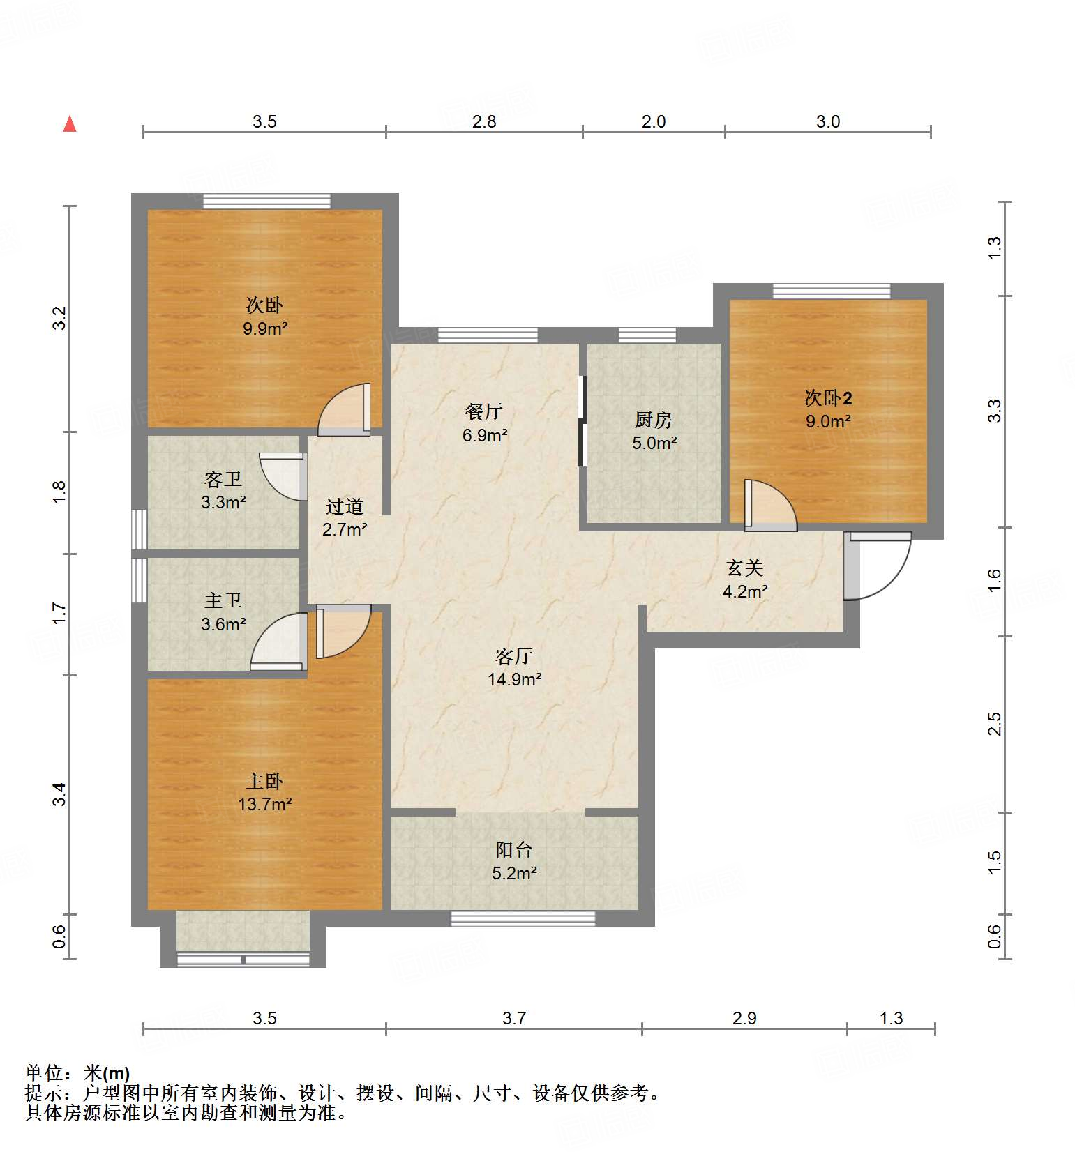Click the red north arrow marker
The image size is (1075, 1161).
click(x=70, y=124)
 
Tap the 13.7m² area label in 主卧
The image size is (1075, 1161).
click(x=264, y=804)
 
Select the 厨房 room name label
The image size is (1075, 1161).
click(x=654, y=420)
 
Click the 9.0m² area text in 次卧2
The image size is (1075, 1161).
click(x=828, y=421)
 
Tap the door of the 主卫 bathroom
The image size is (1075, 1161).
click(x=278, y=642)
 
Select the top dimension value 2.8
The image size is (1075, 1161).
click(x=484, y=121)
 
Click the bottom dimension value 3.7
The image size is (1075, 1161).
click(x=514, y=1018)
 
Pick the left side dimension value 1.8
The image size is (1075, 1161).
click(x=60, y=492)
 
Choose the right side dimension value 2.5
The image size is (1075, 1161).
click(x=995, y=723)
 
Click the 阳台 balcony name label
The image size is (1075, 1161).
click(x=514, y=849)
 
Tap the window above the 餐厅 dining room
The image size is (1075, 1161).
click(x=488, y=335)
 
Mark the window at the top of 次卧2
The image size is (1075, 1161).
click(x=832, y=291)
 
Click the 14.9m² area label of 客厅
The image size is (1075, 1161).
click(x=514, y=679)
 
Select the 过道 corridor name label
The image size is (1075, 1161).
click(x=345, y=506)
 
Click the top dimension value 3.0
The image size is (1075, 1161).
click(x=828, y=121)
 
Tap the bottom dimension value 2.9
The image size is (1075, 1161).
click(x=744, y=1018)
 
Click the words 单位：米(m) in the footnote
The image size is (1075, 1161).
click(x=77, y=1072)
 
